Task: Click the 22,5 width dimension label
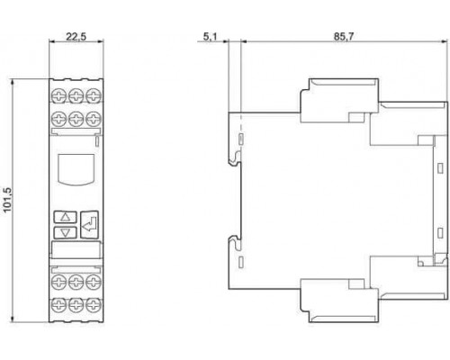pyautogui.click(x=76, y=37)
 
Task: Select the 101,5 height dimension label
pyautogui.click(x=7, y=200)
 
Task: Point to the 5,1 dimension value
pyautogui.click(x=210, y=37)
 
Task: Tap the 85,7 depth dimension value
pyautogui.click(x=344, y=37)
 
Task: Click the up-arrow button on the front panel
pyautogui.click(x=65, y=217)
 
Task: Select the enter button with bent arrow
pyautogui.click(x=89, y=225)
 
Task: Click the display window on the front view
pyautogui.click(x=76, y=168)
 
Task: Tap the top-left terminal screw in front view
pyautogui.click(x=58, y=96)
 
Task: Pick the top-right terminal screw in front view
pyautogui.click(x=94, y=96)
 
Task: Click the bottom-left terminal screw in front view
pyautogui.click(x=58, y=305)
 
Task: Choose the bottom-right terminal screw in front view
pyautogui.click(x=94, y=305)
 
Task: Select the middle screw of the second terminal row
pyautogui.click(x=76, y=119)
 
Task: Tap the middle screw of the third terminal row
pyautogui.click(x=76, y=282)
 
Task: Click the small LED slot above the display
pyautogui.click(x=97, y=141)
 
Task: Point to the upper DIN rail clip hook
pyautogui.click(x=235, y=158)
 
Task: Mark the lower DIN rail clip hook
pyautogui.click(x=235, y=243)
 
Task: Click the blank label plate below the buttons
pyautogui.click(x=76, y=249)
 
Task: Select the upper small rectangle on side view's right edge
pyautogui.click(x=440, y=168)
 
